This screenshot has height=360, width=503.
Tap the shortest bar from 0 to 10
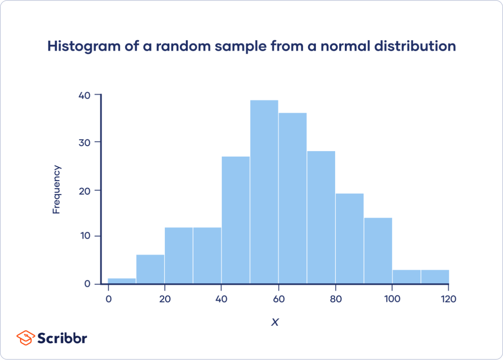[122, 281]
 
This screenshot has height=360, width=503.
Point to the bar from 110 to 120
[435, 277]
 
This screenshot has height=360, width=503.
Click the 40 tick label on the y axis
[84, 95]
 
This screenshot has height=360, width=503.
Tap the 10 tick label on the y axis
[85, 236]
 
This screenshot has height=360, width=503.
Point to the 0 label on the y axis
[87, 284]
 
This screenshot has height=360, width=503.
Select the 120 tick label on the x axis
[448, 299]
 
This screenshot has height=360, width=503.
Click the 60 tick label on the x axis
[279, 299]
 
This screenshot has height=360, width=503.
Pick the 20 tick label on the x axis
[164, 299]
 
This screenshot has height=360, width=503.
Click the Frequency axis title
[57, 190]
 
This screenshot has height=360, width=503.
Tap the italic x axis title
[275, 322]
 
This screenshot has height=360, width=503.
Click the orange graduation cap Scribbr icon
[25, 337]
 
